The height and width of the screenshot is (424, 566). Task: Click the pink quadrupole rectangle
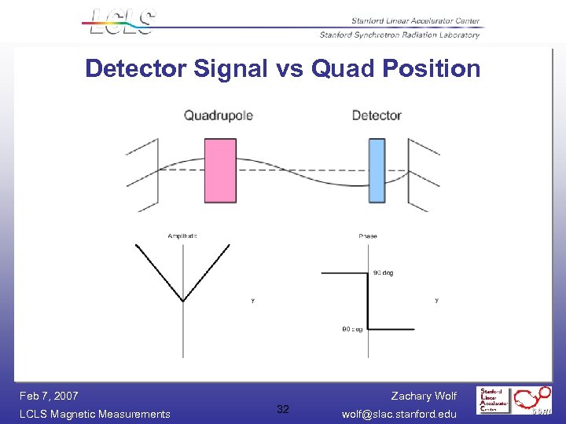[219, 170]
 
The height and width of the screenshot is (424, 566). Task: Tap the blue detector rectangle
[377, 170]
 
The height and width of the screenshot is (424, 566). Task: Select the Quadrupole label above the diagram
[218, 115]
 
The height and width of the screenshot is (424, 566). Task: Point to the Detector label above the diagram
[377, 115]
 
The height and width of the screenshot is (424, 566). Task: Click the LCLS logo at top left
[122, 22]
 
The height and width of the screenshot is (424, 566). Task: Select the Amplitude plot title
[182, 236]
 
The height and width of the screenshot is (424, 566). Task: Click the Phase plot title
[367, 236]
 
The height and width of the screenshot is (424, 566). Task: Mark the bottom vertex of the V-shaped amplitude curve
[183, 301]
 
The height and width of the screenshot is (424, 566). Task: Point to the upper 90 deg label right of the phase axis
[383, 273]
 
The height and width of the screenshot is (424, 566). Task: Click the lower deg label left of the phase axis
[351, 329]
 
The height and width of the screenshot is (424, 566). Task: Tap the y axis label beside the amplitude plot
[252, 300]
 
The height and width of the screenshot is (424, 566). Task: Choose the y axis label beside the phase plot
[436, 300]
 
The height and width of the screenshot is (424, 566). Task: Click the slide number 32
[283, 409]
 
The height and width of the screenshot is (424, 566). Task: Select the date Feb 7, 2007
[49, 396]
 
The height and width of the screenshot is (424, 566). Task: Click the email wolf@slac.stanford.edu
[399, 414]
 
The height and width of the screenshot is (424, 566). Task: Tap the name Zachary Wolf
[424, 396]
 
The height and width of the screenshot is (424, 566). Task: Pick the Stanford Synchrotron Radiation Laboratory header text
[399, 35]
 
